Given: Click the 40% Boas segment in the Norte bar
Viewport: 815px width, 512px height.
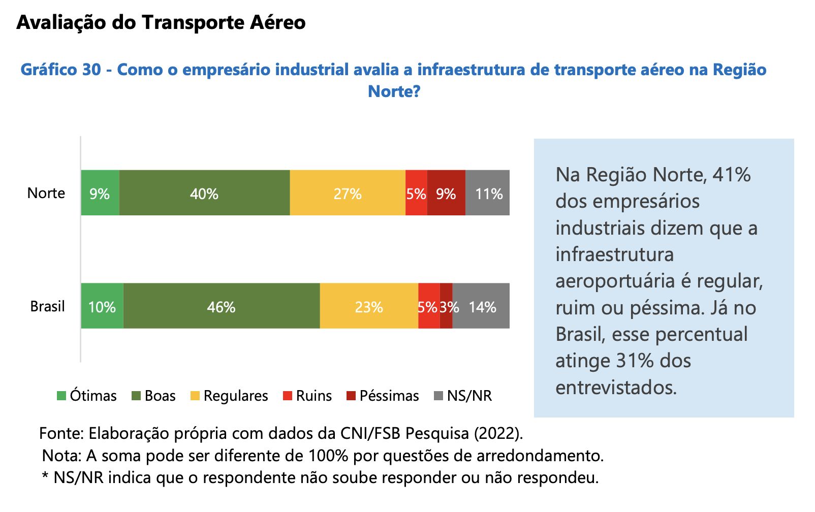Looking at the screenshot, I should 204,193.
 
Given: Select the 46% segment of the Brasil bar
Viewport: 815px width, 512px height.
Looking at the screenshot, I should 221,306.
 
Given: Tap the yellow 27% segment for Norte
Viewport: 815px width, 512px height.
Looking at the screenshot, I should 348,193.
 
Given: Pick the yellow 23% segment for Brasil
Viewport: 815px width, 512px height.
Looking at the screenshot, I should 369,306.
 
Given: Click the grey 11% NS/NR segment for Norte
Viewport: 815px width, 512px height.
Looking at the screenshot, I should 488,193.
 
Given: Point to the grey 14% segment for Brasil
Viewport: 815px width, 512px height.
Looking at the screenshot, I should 481,306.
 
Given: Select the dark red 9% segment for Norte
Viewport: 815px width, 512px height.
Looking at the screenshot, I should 446,193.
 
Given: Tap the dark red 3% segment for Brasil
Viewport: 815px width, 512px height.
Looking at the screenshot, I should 446,306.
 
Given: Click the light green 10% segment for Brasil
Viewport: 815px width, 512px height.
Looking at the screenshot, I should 102,306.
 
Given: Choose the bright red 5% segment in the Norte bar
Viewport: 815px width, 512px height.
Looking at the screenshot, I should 416,193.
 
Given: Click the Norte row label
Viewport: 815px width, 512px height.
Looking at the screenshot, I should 46,193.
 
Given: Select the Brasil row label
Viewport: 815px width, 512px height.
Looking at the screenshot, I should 47,306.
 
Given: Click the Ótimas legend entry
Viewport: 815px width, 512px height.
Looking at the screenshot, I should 87,396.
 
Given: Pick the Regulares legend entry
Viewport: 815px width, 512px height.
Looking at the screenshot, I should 229,396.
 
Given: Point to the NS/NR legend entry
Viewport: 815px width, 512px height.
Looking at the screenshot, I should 463,396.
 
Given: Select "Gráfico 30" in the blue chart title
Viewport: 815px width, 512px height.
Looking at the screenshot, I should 60,70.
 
